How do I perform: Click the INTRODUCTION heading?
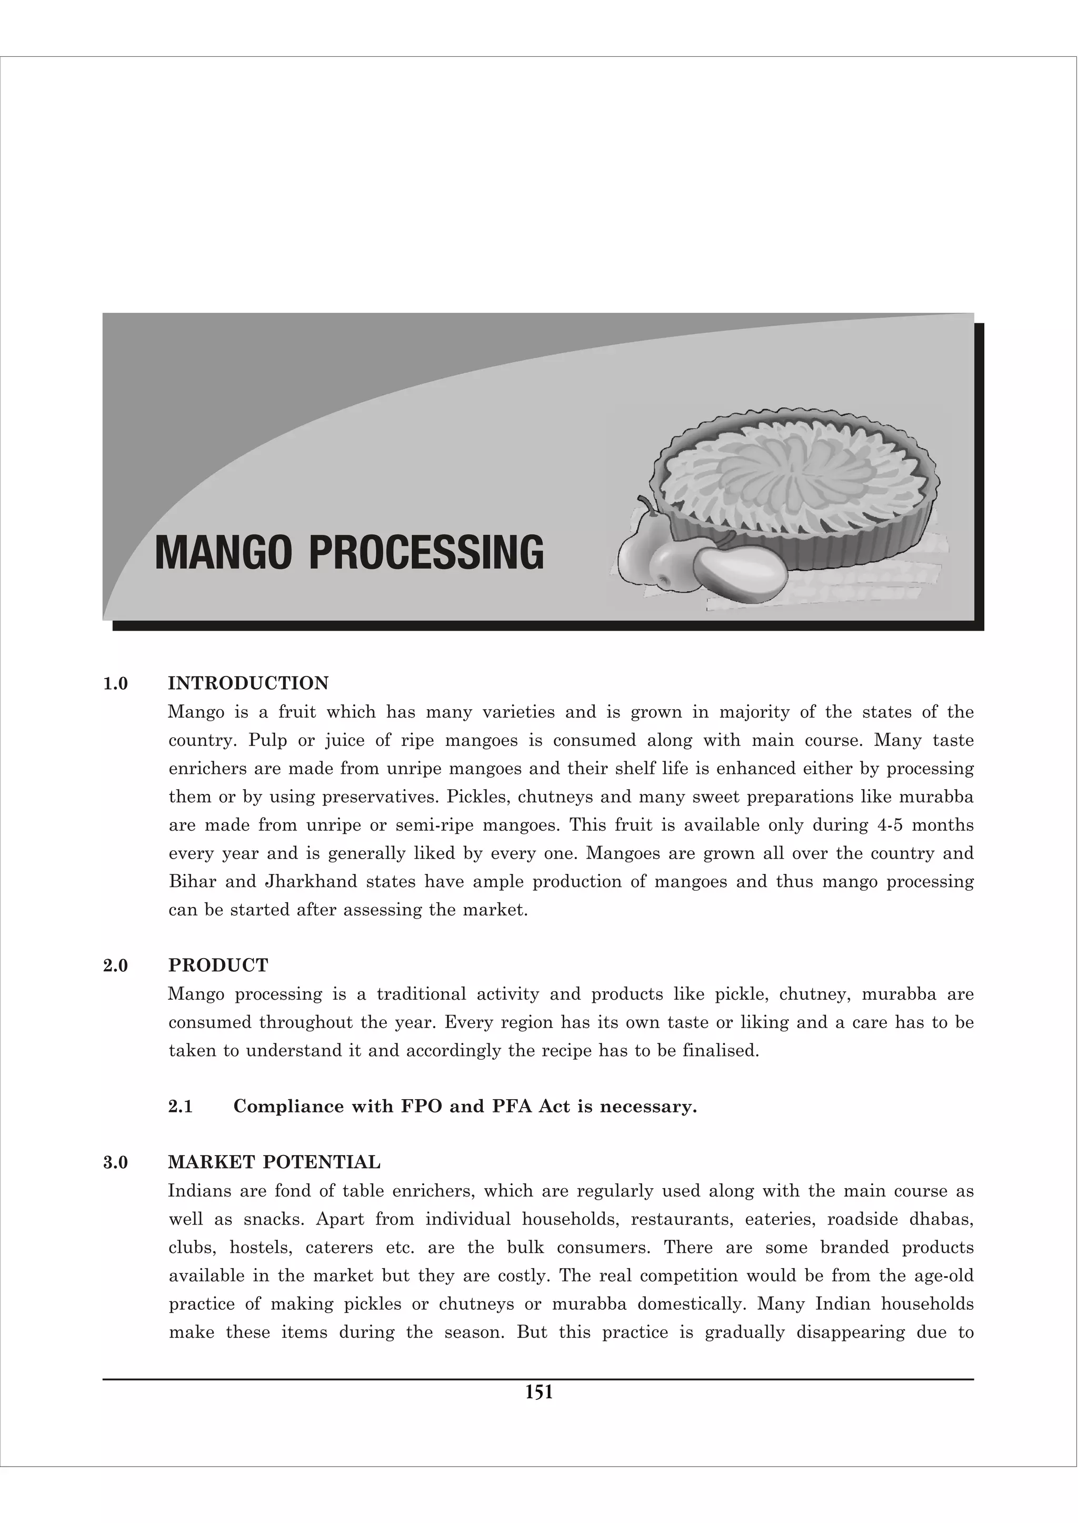248,683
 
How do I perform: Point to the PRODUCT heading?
218,965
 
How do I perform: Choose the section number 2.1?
181,1107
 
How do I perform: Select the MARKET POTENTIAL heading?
274,1162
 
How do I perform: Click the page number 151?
538,1392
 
